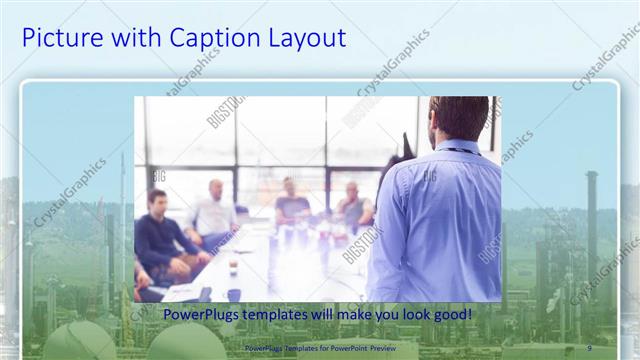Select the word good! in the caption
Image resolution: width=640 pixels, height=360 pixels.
[451, 316]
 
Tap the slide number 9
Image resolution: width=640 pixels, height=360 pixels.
[589, 348]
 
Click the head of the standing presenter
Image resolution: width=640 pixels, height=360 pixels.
[459, 118]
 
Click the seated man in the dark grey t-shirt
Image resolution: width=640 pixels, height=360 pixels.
[291, 205]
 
